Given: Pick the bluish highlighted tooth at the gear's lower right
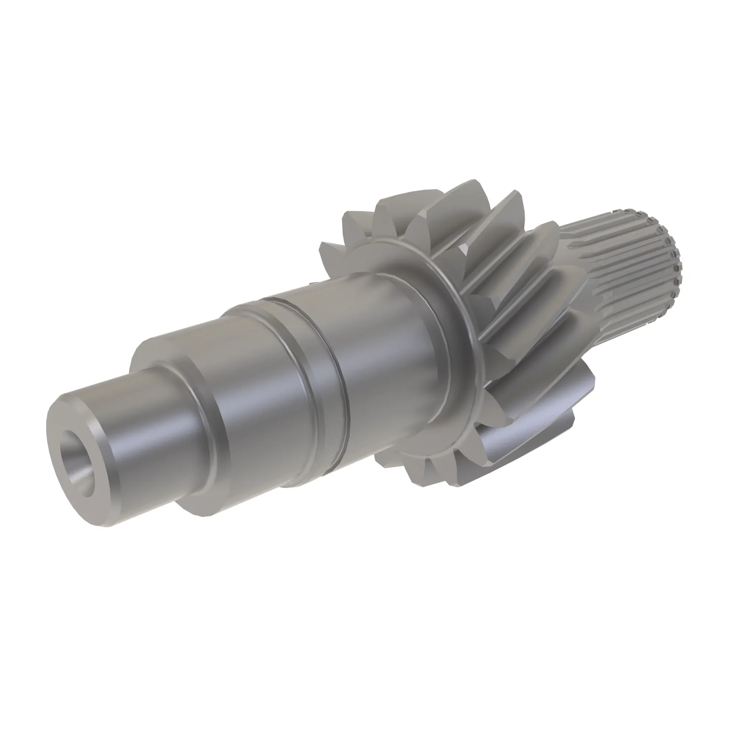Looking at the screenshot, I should (542, 423).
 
